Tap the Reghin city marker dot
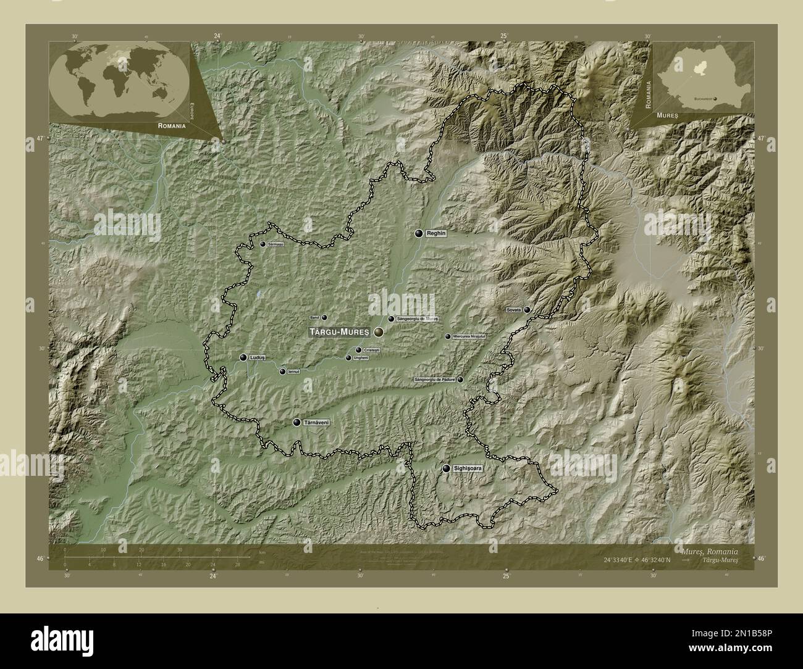[x=419, y=234]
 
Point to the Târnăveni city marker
[x=296, y=423]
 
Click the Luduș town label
[x=257, y=357]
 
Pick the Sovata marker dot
[x=527, y=310]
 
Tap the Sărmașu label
[x=275, y=244]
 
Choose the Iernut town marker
[x=282, y=372]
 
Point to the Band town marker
[x=324, y=318]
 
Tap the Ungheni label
[x=361, y=358]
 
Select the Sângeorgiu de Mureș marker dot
[x=391, y=319]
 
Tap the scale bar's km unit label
[x=263, y=552]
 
